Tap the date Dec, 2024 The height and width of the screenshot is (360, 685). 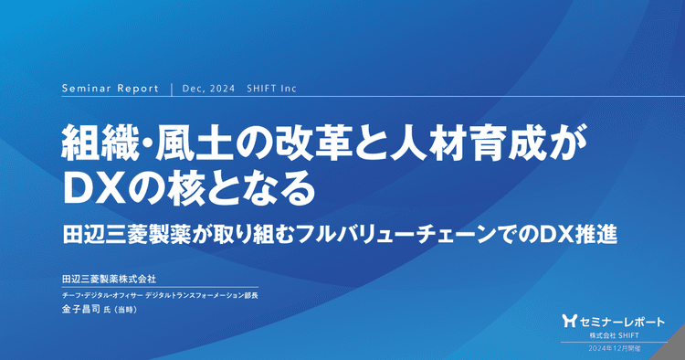pos(208,90)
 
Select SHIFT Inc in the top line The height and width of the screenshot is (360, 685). pos(271,90)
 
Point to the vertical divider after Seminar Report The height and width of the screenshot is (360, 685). pos(172,90)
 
